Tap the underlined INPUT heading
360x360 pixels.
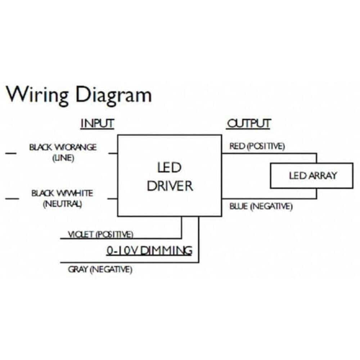point(97,124)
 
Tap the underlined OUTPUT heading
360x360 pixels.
point(248,124)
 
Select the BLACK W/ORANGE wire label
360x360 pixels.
point(63,147)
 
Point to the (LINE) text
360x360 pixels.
point(63,158)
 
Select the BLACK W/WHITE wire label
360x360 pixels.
point(62,193)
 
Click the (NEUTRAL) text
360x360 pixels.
point(62,204)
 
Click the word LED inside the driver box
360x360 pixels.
point(169,167)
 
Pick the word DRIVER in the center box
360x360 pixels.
point(170,186)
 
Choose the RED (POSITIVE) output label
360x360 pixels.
point(257,146)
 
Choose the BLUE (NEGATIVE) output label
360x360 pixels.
point(261,206)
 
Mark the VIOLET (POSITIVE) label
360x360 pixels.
point(100,234)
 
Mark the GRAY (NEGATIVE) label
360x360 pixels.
point(100,269)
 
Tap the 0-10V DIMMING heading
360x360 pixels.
point(149,251)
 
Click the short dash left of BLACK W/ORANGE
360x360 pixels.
point(11,153)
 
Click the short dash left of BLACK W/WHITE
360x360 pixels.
point(12,199)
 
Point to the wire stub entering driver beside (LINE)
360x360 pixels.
point(113,153)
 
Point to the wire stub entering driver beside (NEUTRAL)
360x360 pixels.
point(112,199)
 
